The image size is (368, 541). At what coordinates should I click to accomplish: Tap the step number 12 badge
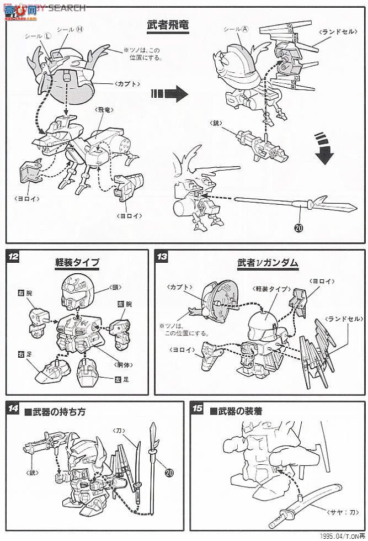click(13, 257)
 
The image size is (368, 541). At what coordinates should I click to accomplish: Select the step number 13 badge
click(162, 257)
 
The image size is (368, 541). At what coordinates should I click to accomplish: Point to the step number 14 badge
click(13, 409)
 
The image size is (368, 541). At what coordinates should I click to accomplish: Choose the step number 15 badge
click(197, 409)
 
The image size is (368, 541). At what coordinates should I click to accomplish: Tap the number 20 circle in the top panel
click(299, 226)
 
